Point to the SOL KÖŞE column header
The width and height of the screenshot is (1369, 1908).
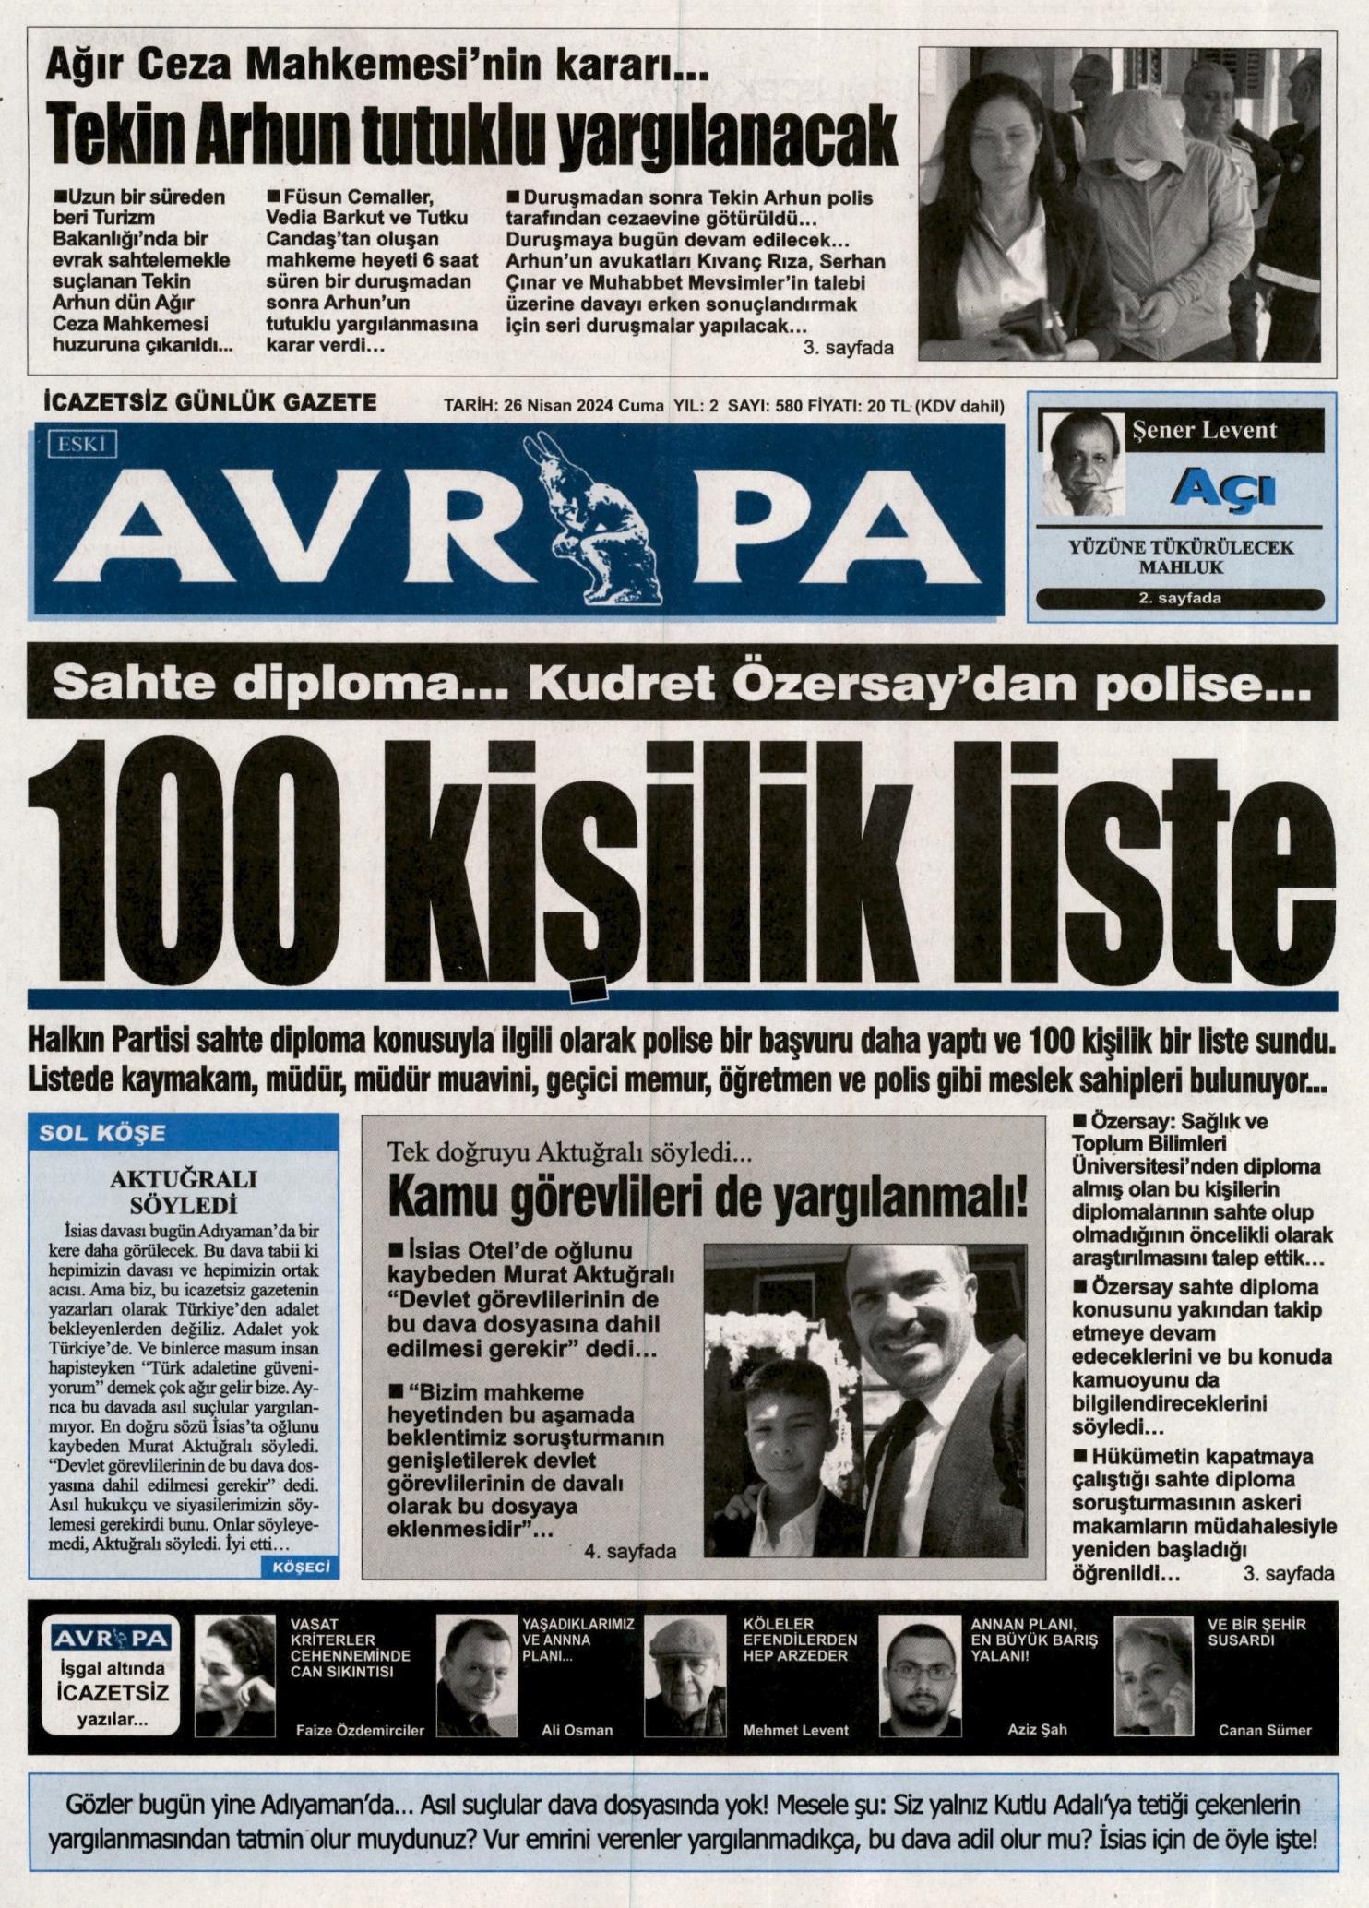click(102, 1132)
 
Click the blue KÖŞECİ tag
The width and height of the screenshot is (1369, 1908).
click(302, 1566)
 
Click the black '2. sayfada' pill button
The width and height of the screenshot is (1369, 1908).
click(1179, 598)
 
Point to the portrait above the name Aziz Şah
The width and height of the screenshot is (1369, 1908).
click(917, 1674)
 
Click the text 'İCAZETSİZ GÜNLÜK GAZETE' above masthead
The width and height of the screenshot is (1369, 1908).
click(211, 403)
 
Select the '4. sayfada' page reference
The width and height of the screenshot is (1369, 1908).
click(630, 1551)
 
